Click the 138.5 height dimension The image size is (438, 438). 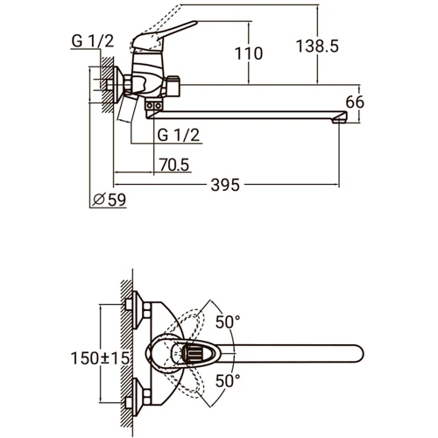317,46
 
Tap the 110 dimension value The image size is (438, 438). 249,53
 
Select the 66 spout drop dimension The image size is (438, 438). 355,102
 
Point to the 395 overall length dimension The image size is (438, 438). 225,185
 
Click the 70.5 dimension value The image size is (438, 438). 174,165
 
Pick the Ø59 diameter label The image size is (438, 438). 109,200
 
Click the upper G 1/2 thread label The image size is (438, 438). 92,41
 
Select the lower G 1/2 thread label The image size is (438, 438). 179,135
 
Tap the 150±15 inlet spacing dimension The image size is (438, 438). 100,358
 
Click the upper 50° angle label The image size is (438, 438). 228,322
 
